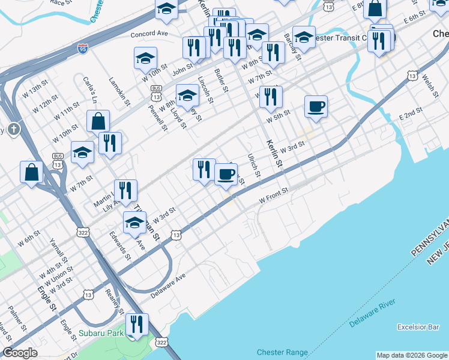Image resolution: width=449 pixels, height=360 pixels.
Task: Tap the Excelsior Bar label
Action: (418, 327)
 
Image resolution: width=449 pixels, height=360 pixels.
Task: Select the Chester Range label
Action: (282, 352)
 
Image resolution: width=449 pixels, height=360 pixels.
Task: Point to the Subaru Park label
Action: (101, 332)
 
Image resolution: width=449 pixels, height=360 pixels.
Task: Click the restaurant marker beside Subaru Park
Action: (137, 324)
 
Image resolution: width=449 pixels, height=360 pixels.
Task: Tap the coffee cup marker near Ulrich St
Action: (226, 174)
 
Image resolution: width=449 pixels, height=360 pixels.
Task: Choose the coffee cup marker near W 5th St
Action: (316, 107)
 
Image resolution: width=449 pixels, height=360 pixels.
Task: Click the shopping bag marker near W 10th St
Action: (98, 121)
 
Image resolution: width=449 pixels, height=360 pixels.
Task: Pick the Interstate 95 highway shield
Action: (83, 47)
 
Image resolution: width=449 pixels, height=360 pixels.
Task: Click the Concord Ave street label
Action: (152, 34)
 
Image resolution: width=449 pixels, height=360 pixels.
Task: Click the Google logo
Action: (20, 353)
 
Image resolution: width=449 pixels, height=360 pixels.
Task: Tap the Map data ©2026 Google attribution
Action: (411, 355)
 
